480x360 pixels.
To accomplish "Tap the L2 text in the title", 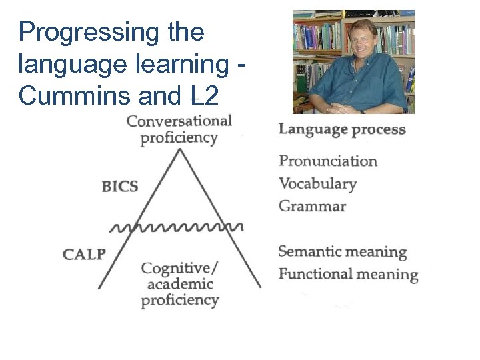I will (203, 96).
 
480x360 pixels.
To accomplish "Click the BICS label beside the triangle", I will (120, 186).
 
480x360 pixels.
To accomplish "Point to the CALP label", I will (84, 254).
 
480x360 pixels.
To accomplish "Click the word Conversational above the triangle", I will (179, 121).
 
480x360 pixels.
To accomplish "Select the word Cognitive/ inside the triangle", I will (179, 268).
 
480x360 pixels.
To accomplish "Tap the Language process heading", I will (342, 129).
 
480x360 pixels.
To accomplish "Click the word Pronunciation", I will (328, 161).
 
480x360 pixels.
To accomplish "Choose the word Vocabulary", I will (317, 184).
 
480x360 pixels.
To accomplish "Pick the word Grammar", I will (312, 206).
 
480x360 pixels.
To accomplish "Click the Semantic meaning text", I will (342, 252).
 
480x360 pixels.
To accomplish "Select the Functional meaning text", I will (348, 274).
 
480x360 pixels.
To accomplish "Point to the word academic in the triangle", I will (179, 285).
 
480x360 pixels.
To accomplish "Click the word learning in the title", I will (172, 65).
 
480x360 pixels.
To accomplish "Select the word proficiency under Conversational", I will (179, 138).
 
